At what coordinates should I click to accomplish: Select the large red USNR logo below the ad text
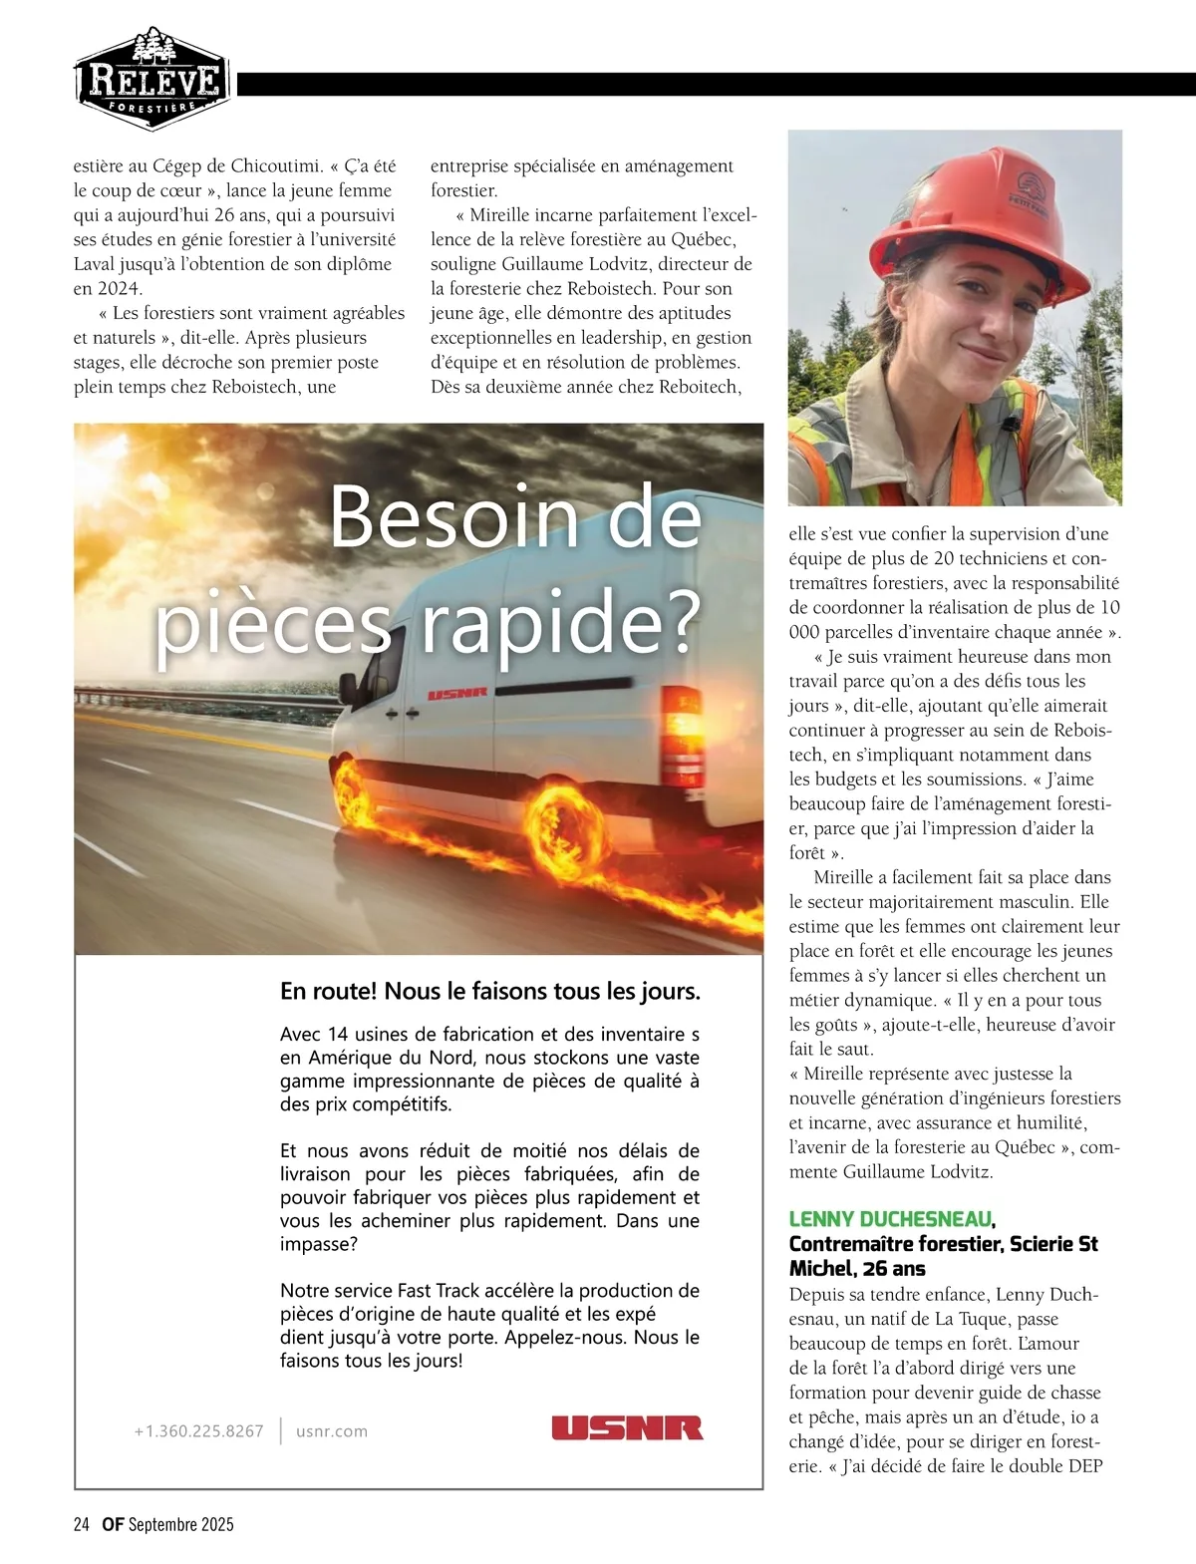point(627,1427)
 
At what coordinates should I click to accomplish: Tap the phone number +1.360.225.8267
point(198,1431)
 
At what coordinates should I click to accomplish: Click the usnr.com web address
point(332,1431)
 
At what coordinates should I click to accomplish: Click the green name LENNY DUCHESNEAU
point(890,1219)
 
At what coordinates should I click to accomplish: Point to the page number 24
point(82,1524)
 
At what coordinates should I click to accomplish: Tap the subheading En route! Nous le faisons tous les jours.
point(490,992)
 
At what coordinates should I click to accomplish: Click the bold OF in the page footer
point(112,1524)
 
